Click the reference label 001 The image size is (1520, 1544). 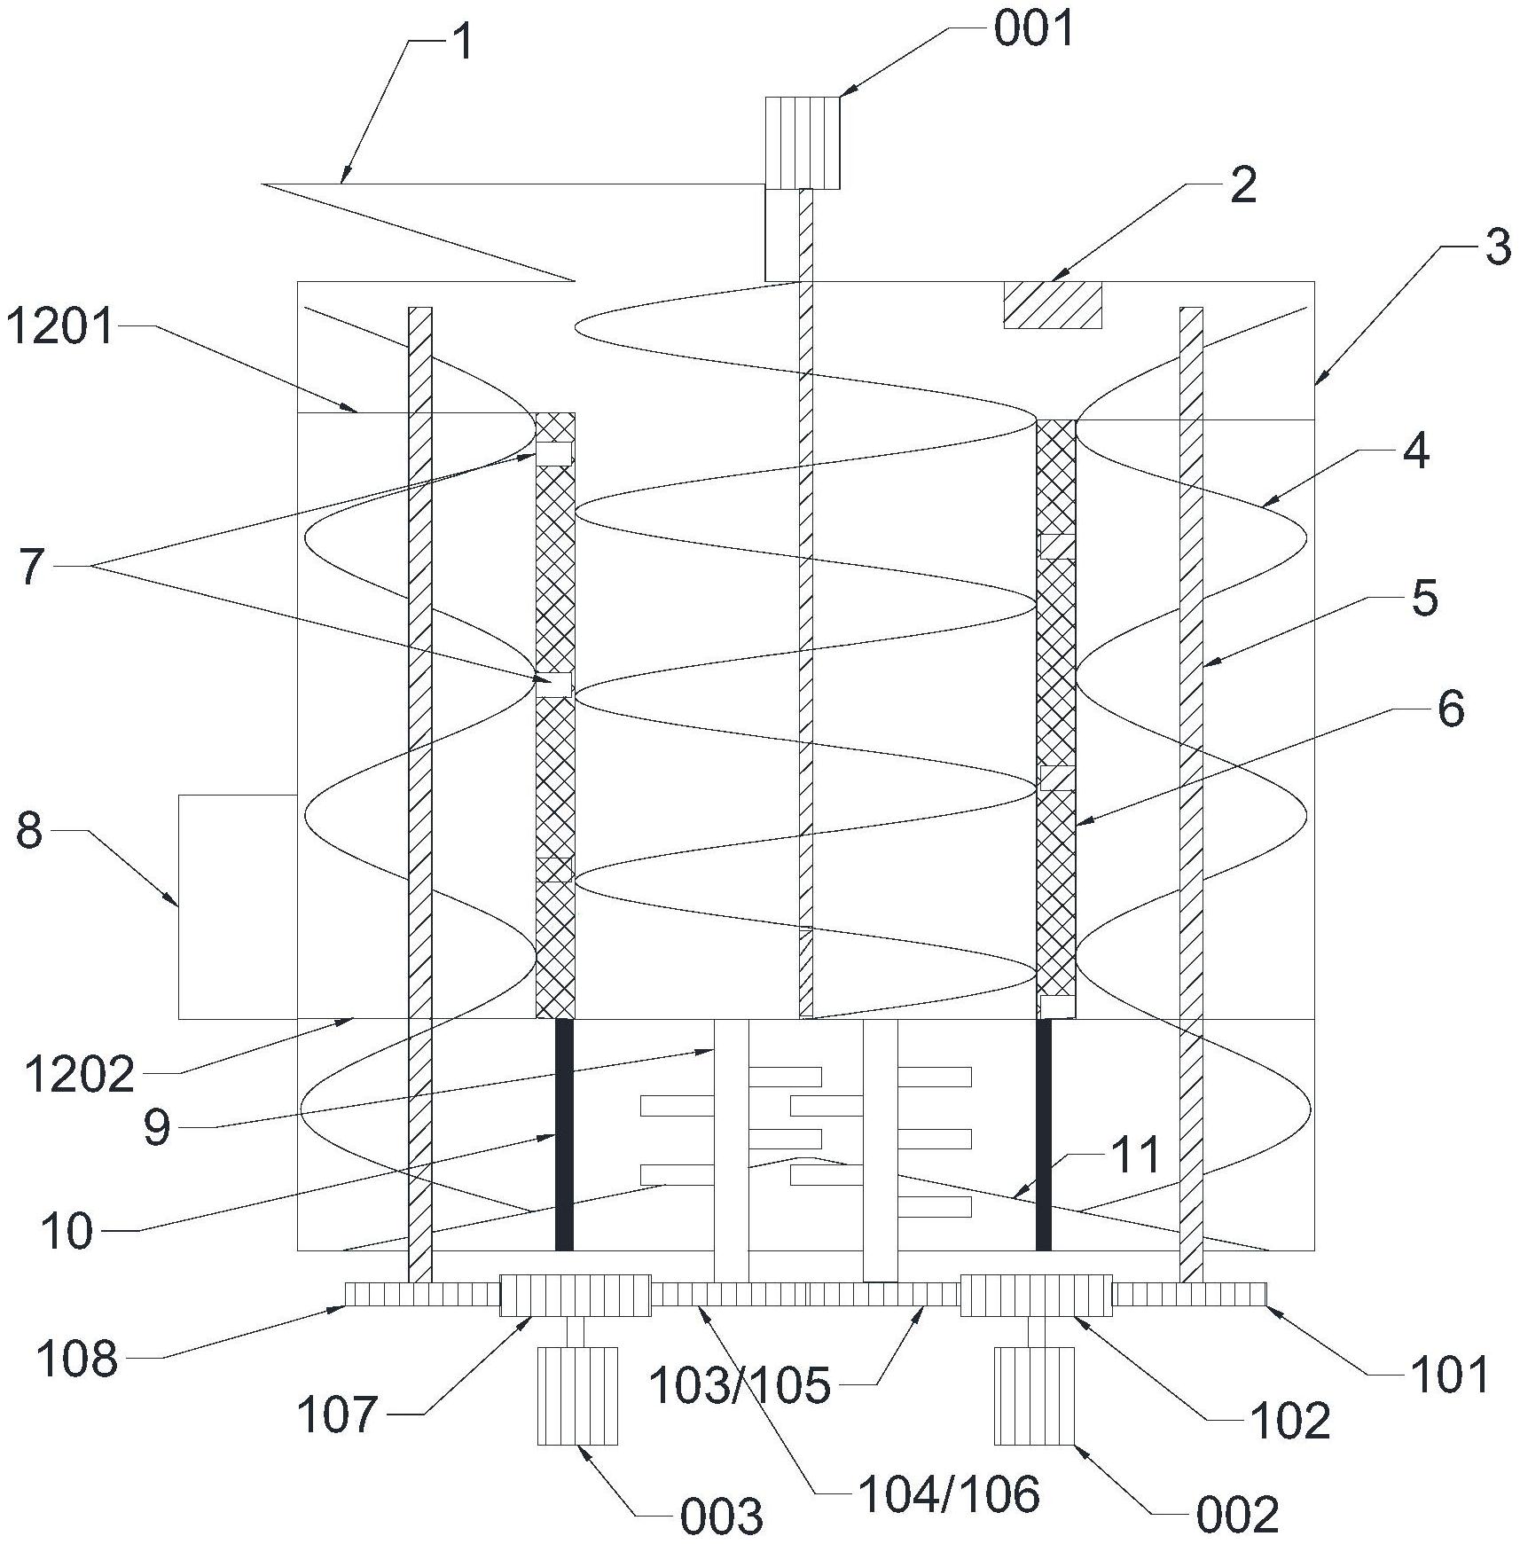pos(1033,28)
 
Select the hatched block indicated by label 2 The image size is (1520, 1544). pos(1052,305)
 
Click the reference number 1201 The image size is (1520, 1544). pos(61,327)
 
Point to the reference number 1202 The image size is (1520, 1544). pos(79,1075)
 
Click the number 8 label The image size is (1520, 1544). pos(29,832)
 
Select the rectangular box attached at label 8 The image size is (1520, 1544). pos(237,906)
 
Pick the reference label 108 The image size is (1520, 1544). pos(77,1359)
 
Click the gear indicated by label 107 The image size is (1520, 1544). pos(576,1296)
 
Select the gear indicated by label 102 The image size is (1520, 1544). pos(1036,1296)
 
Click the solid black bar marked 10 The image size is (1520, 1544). pos(563,1134)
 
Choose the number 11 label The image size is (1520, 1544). pos(1136,1155)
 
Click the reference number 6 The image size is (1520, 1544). pos(1450,709)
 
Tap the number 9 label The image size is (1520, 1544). pos(157,1129)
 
